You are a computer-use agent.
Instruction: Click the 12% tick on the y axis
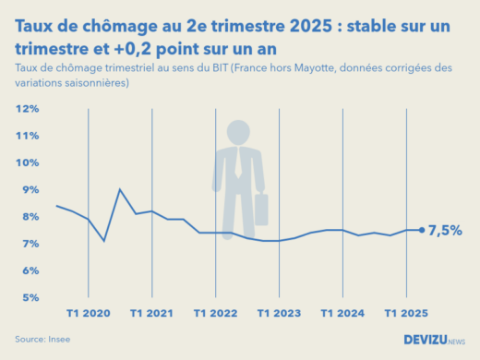click(x=27, y=109)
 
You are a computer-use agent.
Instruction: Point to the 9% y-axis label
click(x=30, y=190)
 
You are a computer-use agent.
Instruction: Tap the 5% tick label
click(x=30, y=298)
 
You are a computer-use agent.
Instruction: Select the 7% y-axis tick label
click(x=30, y=244)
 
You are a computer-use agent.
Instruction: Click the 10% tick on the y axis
click(x=27, y=163)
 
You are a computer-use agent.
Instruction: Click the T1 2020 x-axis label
click(x=89, y=314)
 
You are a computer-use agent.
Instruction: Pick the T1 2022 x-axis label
click(x=216, y=314)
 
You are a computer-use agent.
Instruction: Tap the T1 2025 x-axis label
click(x=406, y=314)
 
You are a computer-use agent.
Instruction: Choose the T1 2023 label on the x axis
click(x=280, y=314)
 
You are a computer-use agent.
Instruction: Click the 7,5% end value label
click(x=445, y=231)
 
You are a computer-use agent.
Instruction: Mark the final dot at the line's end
click(x=422, y=231)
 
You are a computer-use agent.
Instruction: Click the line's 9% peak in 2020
click(x=120, y=189)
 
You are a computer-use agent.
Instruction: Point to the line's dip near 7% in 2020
click(x=104, y=241)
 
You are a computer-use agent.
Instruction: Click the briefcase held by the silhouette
click(x=260, y=210)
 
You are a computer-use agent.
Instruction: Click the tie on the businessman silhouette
click(x=240, y=163)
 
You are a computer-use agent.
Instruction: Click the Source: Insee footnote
click(x=43, y=339)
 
